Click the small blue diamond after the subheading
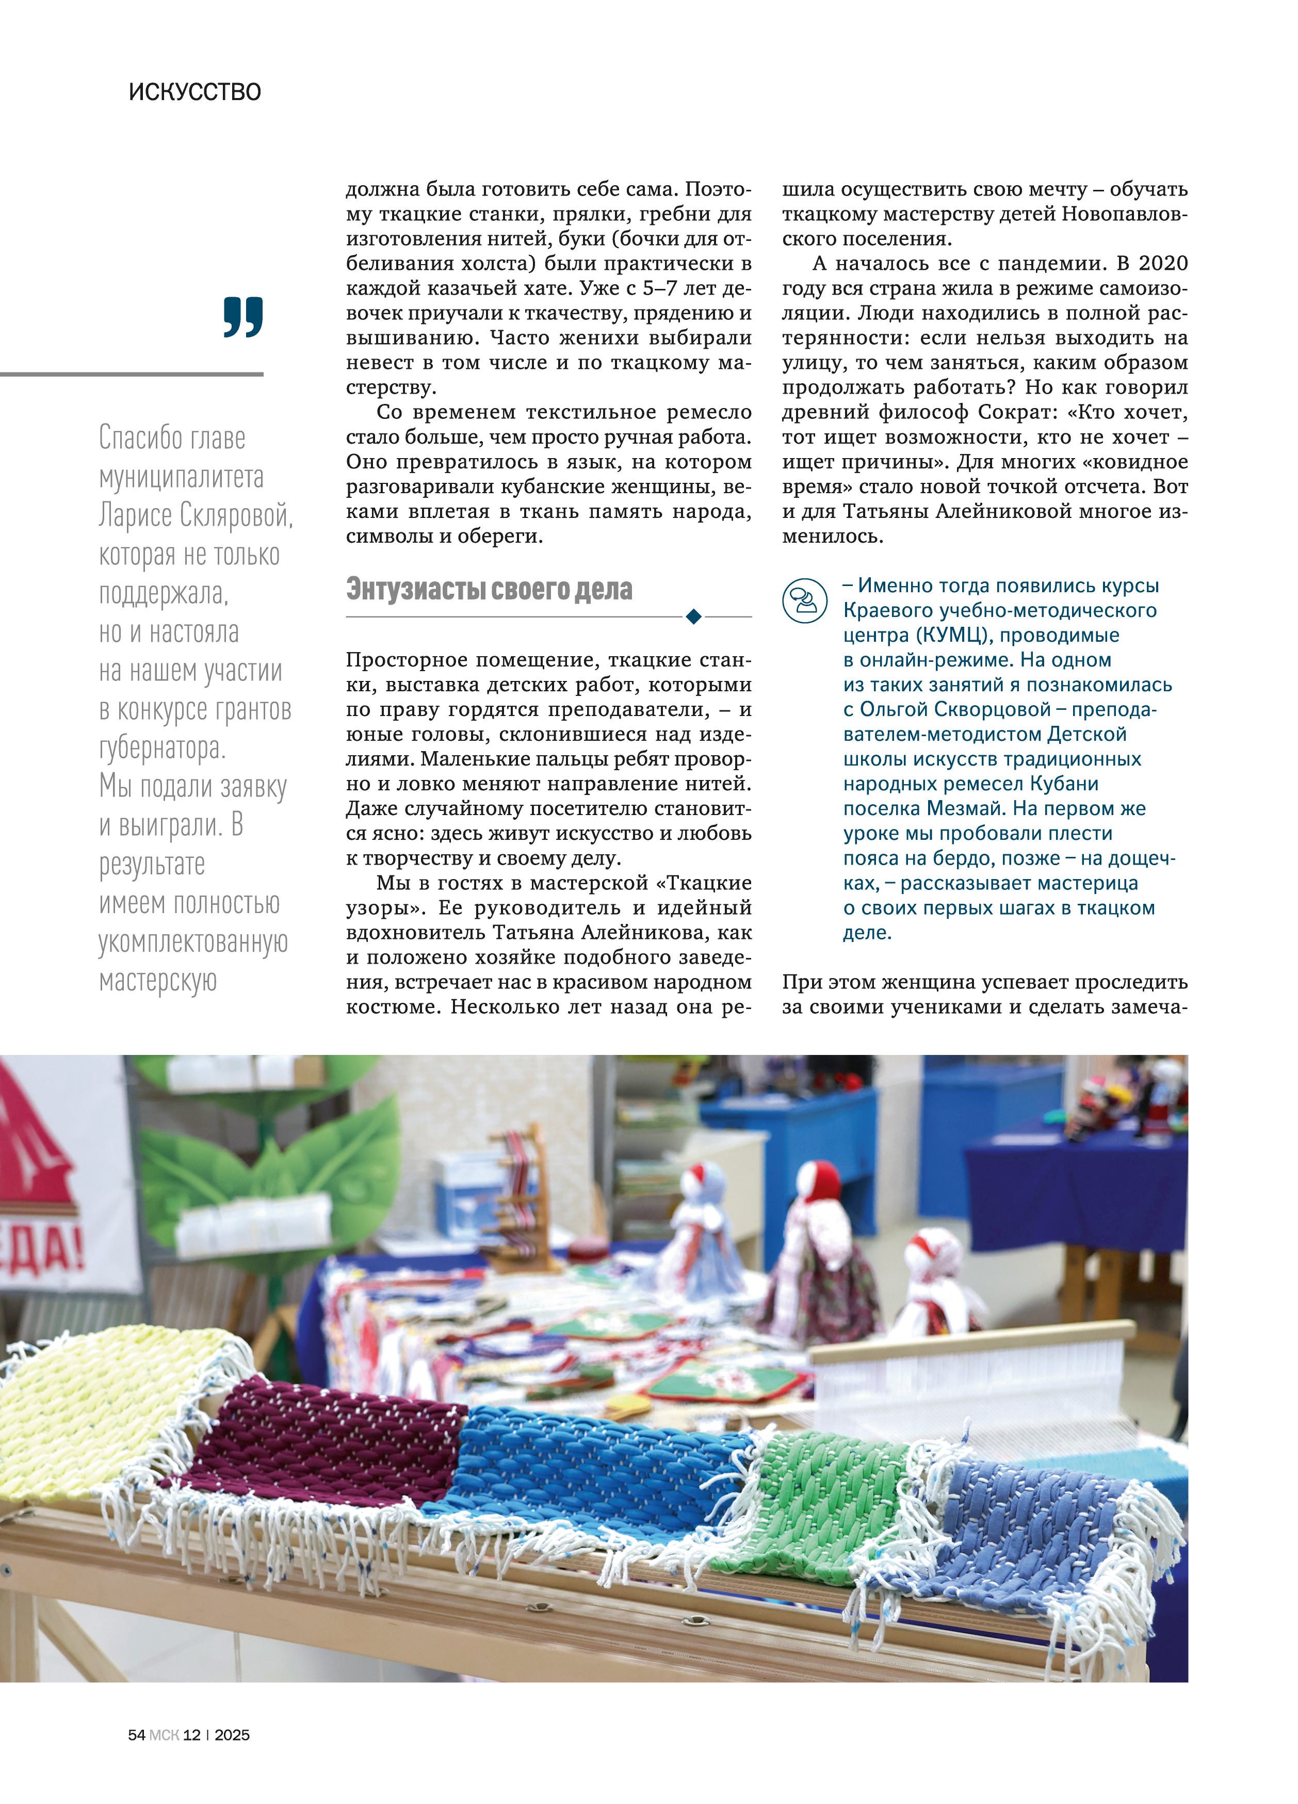coord(693,616)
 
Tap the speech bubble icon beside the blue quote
coord(805,600)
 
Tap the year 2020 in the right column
coord(1163,263)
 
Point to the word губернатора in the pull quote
coord(162,747)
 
